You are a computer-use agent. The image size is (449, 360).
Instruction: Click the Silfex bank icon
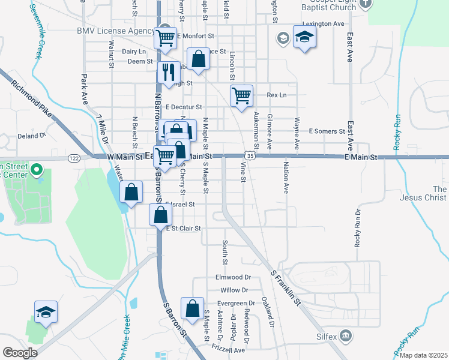point(346,335)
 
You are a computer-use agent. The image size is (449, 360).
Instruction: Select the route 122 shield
point(74,158)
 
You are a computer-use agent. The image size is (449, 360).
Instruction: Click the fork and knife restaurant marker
point(168,72)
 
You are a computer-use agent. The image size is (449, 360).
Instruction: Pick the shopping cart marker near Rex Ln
point(241,95)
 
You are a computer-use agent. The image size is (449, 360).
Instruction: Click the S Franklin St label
point(285,287)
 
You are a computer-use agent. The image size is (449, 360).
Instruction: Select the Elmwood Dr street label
point(233,278)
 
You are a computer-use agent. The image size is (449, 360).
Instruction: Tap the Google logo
point(20,353)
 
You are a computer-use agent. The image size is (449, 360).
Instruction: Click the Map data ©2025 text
point(423,355)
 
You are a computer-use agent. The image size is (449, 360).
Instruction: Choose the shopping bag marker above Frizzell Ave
point(192,309)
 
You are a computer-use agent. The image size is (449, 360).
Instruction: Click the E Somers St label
point(327,131)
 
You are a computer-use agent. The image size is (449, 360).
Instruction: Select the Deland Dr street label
point(31,136)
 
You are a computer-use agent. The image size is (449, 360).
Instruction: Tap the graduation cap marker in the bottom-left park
point(46,313)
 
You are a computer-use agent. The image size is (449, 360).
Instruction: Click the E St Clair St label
point(183,229)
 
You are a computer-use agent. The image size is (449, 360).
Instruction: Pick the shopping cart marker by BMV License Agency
point(166,38)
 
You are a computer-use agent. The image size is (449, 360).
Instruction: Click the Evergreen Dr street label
point(235,304)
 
